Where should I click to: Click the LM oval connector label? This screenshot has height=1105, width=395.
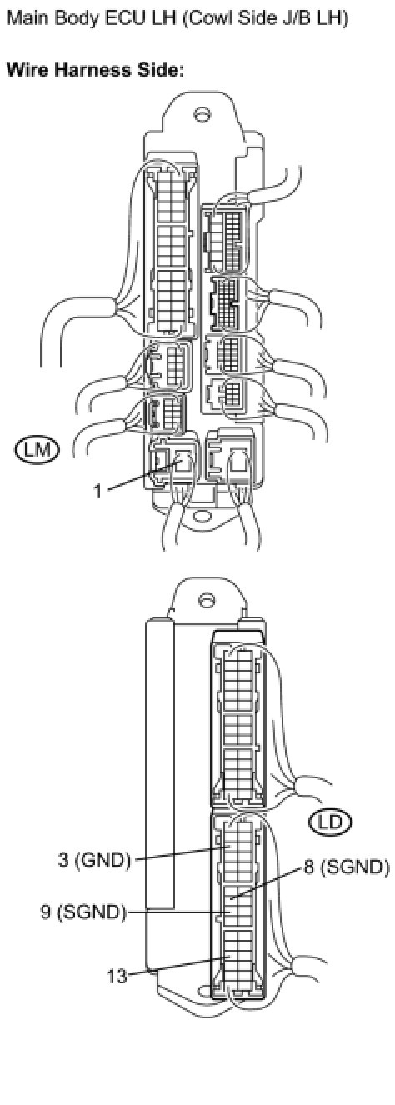click(37, 450)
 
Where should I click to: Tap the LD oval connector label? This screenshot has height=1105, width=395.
click(330, 822)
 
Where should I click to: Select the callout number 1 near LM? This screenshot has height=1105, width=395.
click(98, 492)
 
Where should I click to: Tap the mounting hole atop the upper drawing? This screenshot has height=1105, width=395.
click(201, 115)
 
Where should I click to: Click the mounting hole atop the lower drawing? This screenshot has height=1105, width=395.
click(206, 600)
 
